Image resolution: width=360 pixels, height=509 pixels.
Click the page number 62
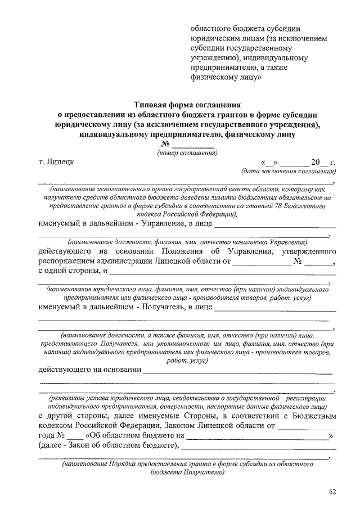(x=332, y=493)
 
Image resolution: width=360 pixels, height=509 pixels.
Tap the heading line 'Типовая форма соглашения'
(x=188, y=105)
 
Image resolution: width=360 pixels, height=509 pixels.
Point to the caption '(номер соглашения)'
(x=187, y=153)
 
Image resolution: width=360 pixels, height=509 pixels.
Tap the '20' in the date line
(x=316, y=163)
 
